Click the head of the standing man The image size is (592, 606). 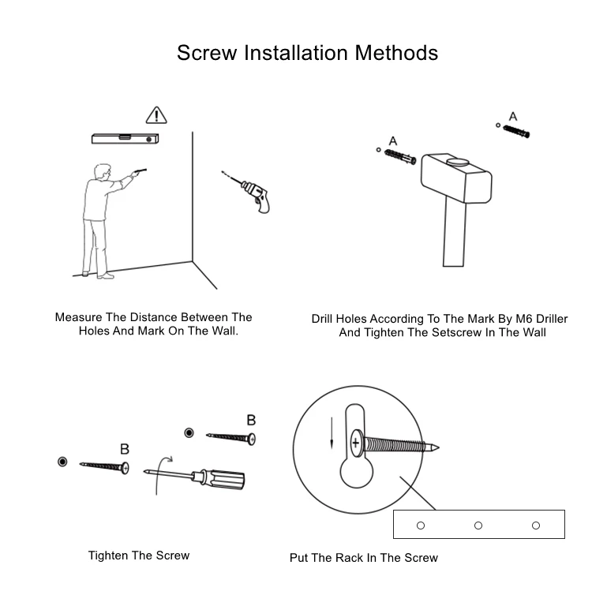point(99,172)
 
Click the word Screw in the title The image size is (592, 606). point(206,53)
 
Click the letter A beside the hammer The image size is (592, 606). point(393,141)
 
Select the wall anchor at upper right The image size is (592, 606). point(517,131)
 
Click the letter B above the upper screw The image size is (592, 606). point(251,420)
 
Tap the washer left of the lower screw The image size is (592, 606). point(63,461)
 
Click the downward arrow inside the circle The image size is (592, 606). point(332,432)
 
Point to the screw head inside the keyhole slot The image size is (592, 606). point(358,443)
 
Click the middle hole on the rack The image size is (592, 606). point(478,525)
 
